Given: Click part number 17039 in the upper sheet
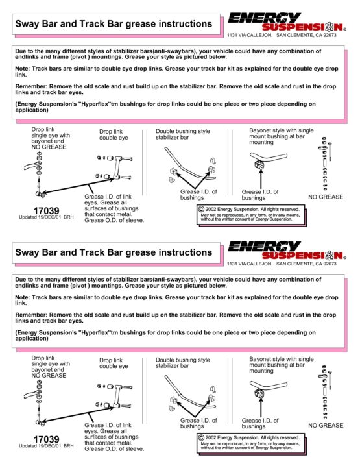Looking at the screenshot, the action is (x=46, y=211).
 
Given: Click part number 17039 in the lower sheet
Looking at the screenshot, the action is (x=46, y=439).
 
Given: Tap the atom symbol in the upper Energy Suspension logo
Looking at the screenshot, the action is (x=329, y=27).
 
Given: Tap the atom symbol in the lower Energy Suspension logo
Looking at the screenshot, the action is (x=329, y=256).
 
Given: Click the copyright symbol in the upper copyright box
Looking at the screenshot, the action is (x=201, y=209).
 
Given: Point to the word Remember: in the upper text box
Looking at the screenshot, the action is (x=31, y=86).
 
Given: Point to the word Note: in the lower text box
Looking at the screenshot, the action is (x=23, y=297).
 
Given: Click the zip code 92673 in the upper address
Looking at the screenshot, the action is (x=330, y=35).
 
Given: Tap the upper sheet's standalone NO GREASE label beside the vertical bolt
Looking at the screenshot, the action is (x=326, y=197).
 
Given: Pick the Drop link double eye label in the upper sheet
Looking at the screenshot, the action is (x=114, y=134).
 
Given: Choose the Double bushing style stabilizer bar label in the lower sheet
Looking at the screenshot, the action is (x=183, y=363).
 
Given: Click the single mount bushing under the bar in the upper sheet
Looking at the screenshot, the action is (x=259, y=165).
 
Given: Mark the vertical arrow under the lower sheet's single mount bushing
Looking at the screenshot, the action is (x=261, y=408).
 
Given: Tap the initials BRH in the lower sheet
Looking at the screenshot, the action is (x=69, y=446).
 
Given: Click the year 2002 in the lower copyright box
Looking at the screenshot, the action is (x=211, y=437).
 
